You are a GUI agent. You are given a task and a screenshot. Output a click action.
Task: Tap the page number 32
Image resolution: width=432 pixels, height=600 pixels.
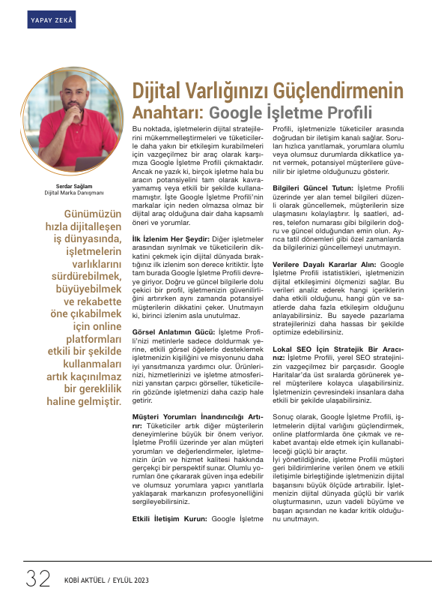tap(37, 579)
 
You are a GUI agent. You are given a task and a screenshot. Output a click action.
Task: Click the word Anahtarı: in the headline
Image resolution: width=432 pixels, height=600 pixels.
tap(167, 113)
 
